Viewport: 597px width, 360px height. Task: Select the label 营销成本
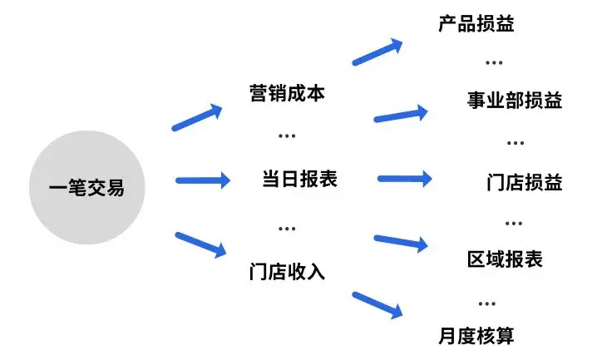click(x=287, y=91)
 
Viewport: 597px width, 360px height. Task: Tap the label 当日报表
click(x=299, y=178)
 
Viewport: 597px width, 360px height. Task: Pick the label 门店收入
click(x=287, y=271)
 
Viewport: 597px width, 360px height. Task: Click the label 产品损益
click(x=476, y=22)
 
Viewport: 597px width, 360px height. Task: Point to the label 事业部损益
click(x=515, y=101)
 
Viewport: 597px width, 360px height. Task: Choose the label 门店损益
click(x=525, y=182)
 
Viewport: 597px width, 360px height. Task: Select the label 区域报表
click(x=505, y=259)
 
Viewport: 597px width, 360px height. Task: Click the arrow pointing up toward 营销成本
click(x=198, y=117)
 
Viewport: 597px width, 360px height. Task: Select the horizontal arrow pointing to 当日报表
click(x=202, y=180)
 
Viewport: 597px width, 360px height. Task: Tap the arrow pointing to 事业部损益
click(x=402, y=115)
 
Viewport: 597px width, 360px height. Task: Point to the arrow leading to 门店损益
click(x=405, y=178)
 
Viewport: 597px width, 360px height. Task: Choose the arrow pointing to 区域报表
click(x=402, y=242)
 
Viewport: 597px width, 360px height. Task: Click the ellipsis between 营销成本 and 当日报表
click(x=287, y=136)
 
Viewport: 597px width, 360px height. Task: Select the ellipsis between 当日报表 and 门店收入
click(x=287, y=227)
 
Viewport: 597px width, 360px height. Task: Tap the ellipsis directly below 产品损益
click(x=494, y=63)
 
